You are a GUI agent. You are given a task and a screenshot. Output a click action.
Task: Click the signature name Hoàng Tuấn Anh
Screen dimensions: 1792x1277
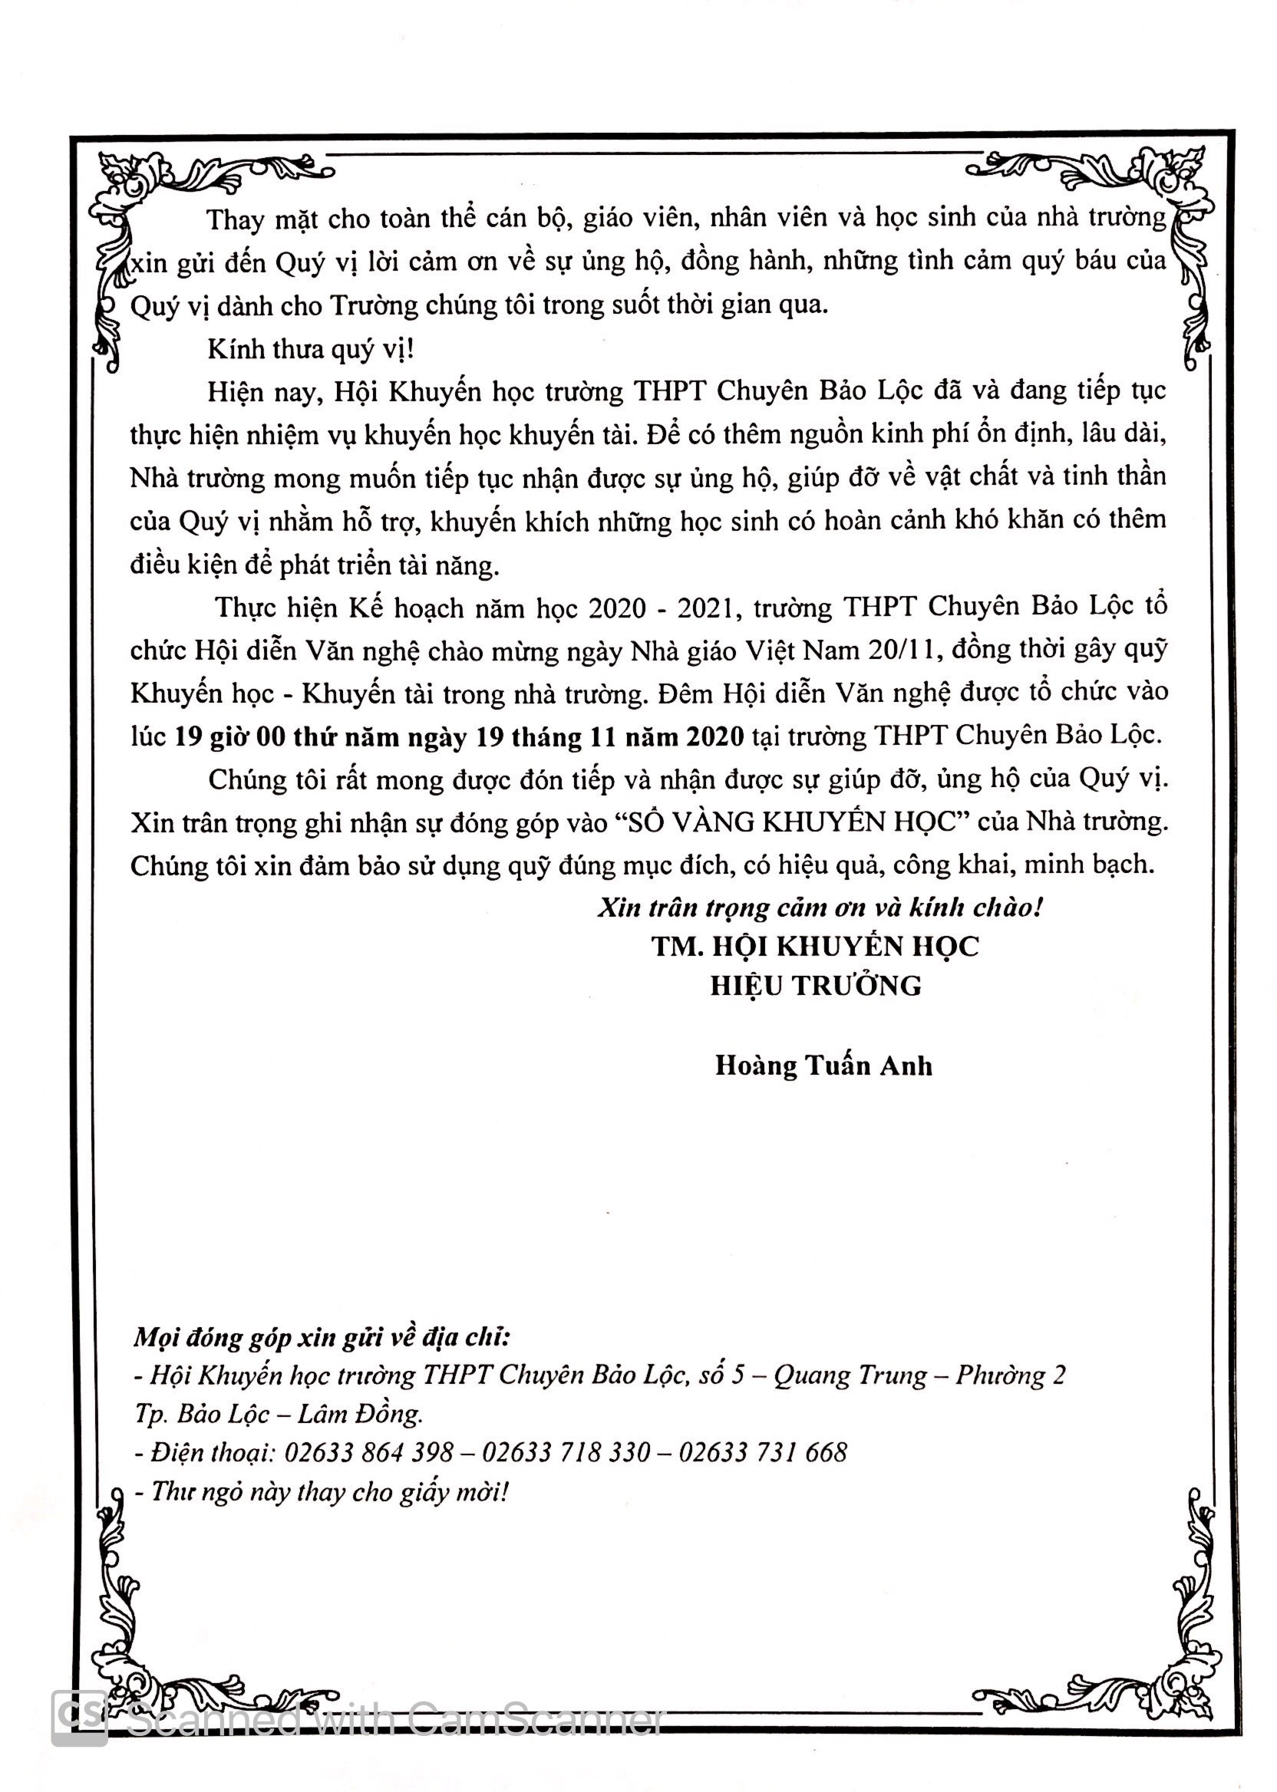tap(823, 1066)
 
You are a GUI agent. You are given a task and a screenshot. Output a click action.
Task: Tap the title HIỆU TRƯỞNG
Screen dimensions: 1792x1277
tap(816, 986)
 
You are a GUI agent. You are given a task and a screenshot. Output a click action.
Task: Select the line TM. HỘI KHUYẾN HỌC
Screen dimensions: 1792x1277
tap(815, 947)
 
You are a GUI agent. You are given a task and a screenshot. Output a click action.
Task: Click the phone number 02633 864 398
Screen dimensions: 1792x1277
tap(369, 1451)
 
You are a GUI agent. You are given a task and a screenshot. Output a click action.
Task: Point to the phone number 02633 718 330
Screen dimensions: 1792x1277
tap(566, 1451)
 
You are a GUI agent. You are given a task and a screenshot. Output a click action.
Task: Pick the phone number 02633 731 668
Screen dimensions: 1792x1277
tap(763, 1451)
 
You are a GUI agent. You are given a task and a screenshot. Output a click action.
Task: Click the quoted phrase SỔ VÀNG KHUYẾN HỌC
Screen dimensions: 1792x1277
tap(794, 822)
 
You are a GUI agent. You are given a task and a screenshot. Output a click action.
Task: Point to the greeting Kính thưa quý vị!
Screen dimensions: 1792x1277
tap(311, 348)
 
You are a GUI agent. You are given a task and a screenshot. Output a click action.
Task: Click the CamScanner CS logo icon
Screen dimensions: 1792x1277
tap(78, 1718)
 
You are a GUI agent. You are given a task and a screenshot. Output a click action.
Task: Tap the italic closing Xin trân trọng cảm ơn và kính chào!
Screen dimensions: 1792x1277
tap(820, 908)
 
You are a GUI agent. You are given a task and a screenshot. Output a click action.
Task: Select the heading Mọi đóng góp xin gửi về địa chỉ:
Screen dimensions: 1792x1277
tap(322, 1336)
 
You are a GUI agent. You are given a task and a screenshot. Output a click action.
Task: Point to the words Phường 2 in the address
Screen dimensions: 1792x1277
tap(1011, 1375)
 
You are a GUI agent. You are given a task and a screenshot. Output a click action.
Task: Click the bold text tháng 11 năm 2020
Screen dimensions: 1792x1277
tap(628, 736)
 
